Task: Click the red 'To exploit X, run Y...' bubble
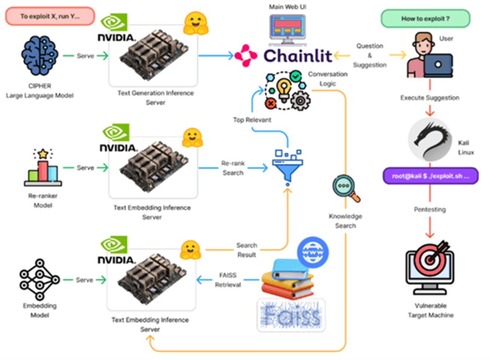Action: pos(50,16)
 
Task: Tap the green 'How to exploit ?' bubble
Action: pos(425,19)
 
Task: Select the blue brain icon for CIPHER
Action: pos(40,56)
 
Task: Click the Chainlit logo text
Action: pos(298,56)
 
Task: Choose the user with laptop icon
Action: pos(429,56)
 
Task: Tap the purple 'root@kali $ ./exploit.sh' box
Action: pos(430,176)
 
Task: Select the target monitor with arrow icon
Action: pos(430,267)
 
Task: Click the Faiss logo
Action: pos(291,315)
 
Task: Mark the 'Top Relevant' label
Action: pos(252,120)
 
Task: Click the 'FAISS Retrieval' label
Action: pos(228,280)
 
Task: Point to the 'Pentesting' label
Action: pos(430,209)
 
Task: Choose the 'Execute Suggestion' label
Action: pos(430,98)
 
